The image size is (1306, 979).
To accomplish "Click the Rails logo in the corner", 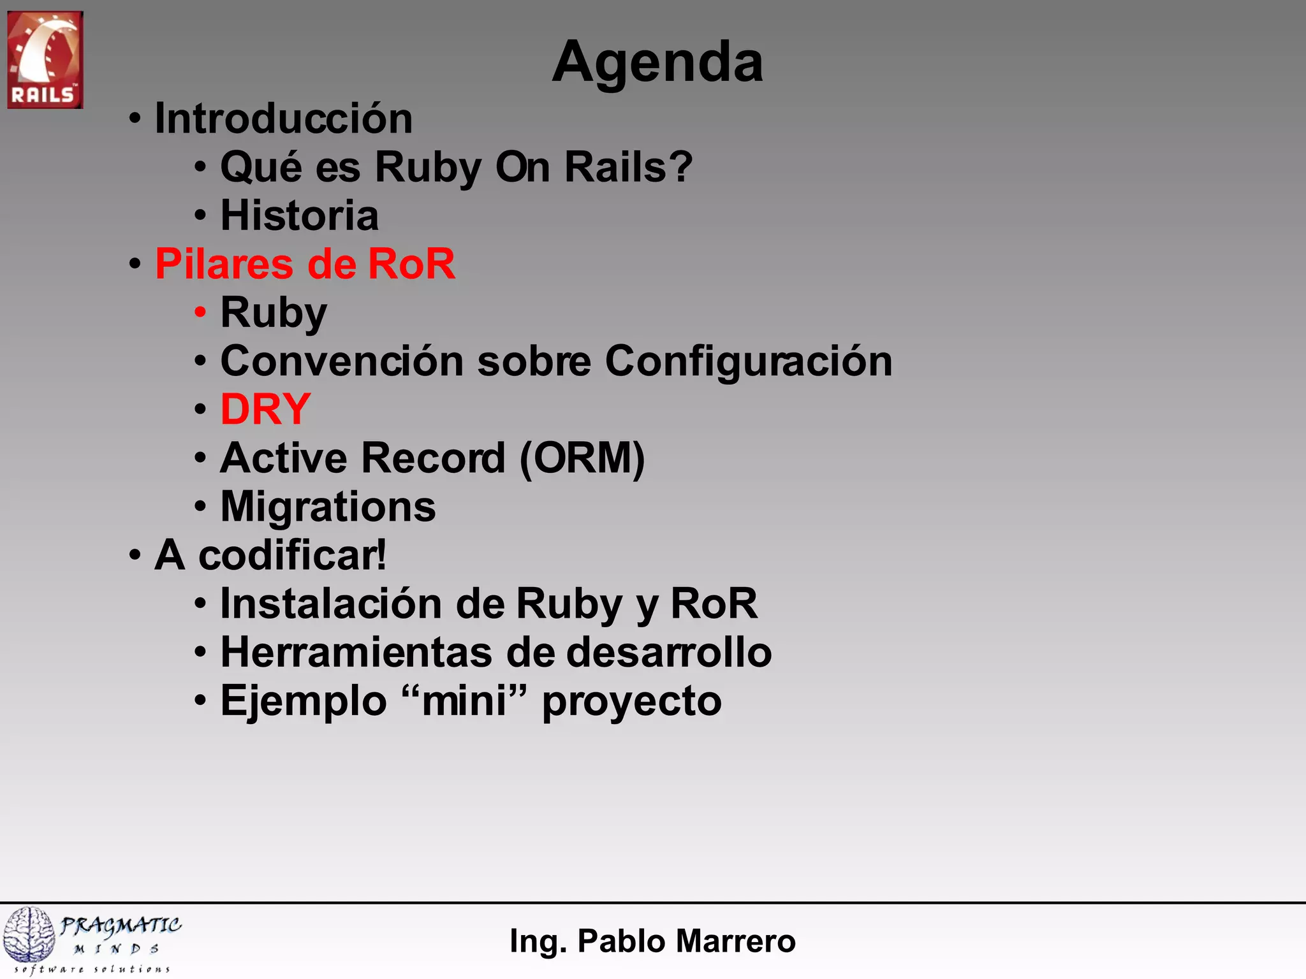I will [45, 59].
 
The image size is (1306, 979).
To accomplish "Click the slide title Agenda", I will [657, 62].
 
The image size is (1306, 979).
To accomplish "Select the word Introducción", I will [284, 119].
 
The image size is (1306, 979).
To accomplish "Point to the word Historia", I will [299, 215].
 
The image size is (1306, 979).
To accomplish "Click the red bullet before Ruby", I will [200, 312].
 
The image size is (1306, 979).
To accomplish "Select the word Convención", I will [342, 361].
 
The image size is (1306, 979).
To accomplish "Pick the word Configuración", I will [748, 361].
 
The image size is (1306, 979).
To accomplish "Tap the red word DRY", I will [265, 409].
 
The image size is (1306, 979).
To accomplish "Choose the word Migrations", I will [328, 507].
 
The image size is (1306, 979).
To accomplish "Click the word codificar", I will [291, 555].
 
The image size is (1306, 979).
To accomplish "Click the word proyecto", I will [631, 702].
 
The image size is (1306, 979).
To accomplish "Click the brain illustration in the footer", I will [29, 934].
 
